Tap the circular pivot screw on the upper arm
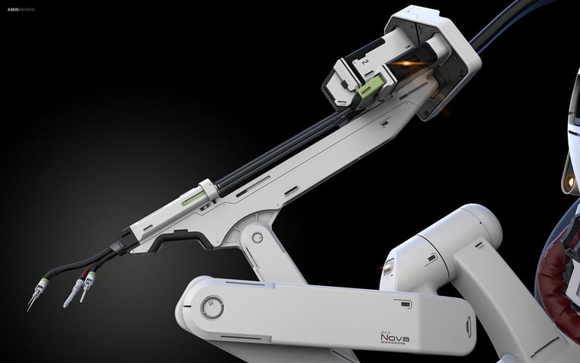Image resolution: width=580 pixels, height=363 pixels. pyautogui.click(x=258, y=238)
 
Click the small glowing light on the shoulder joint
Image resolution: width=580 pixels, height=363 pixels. pyautogui.click(x=389, y=265)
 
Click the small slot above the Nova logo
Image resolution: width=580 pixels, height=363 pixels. pyautogui.click(x=405, y=304)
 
